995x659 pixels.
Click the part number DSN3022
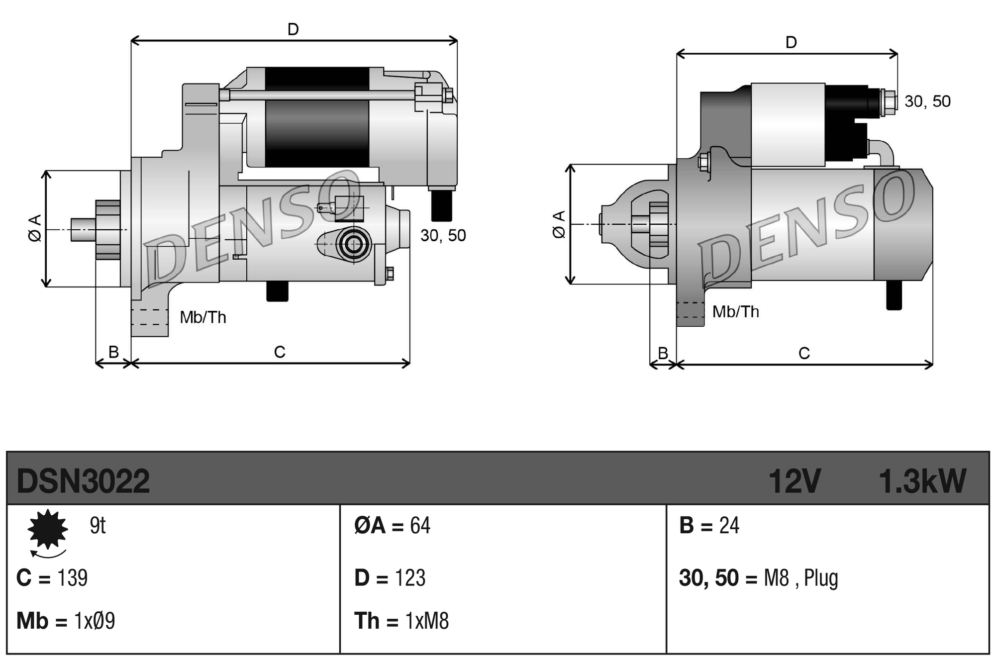[83, 481]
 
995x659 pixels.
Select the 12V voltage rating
[794, 481]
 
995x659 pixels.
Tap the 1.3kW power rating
[922, 481]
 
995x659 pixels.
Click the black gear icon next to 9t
[48, 529]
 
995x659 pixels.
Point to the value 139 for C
[73, 578]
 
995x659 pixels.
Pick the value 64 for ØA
[420, 526]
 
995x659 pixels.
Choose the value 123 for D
[410, 578]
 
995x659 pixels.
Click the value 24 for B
[729, 526]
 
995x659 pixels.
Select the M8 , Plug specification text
[801, 578]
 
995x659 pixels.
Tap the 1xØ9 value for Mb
[95, 621]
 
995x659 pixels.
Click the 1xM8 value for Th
[427, 621]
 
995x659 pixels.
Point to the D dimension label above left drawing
[293, 30]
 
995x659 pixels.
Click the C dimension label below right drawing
[804, 354]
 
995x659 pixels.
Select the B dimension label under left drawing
[113, 352]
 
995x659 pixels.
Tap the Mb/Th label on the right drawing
[735, 312]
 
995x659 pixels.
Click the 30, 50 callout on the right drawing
[927, 101]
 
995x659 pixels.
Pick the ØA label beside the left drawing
[35, 228]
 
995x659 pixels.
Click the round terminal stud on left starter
[354, 244]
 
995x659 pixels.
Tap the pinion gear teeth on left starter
[108, 230]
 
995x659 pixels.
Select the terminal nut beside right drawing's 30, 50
[888, 102]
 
